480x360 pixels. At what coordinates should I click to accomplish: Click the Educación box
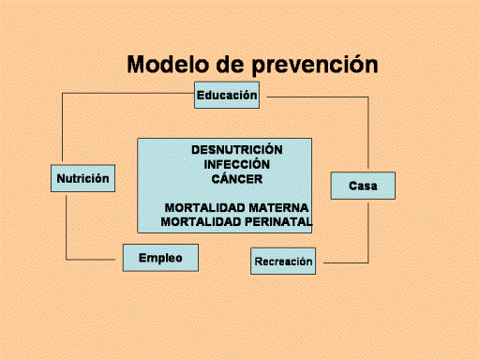[x=227, y=95]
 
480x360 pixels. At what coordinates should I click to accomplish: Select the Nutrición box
[x=82, y=178]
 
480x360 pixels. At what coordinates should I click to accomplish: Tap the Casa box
[x=363, y=186]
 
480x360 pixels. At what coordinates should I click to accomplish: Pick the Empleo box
[x=160, y=258]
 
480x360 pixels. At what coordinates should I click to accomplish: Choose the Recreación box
[x=283, y=262]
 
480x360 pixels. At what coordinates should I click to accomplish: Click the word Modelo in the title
[x=168, y=65]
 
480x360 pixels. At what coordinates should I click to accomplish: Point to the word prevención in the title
[x=315, y=65]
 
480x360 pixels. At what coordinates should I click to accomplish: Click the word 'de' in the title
[x=230, y=65]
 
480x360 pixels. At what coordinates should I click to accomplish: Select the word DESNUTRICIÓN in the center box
[x=237, y=150]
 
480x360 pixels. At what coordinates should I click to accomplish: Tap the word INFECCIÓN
[x=237, y=164]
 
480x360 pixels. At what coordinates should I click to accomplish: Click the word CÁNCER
[x=237, y=179]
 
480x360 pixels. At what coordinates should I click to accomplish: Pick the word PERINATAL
[x=278, y=222]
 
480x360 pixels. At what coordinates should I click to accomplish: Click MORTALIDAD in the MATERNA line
[x=204, y=208]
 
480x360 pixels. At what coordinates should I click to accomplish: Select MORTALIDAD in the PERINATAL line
[x=201, y=222]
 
